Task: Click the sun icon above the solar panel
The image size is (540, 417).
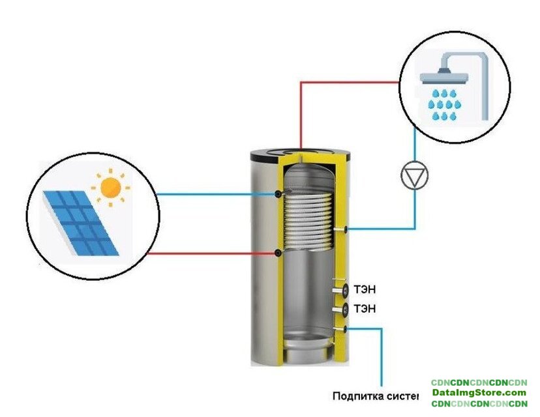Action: [x=111, y=188]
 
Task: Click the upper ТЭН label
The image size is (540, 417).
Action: [x=365, y=289]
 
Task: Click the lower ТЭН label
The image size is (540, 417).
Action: [x=365, y=308]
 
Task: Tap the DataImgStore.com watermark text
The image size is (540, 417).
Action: [x=479, y=393]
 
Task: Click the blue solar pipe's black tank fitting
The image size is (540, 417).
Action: [x=279, y=194]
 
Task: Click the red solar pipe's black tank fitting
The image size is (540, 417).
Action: [x=279, y=253]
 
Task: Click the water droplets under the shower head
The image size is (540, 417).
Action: [x=444, y=104]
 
